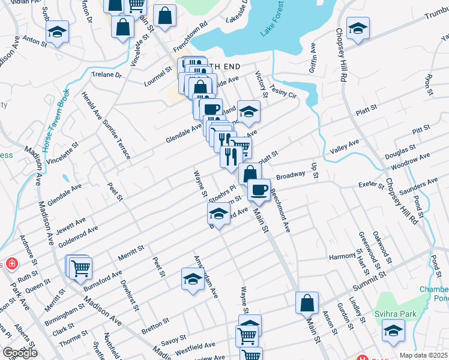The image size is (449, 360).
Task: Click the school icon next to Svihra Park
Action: [393, 331]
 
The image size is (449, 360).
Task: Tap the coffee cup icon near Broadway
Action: [259, 190]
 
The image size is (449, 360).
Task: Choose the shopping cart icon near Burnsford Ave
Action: [80, 268]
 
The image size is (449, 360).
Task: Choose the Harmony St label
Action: [343, 257]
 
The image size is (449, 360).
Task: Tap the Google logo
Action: [20, 353]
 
